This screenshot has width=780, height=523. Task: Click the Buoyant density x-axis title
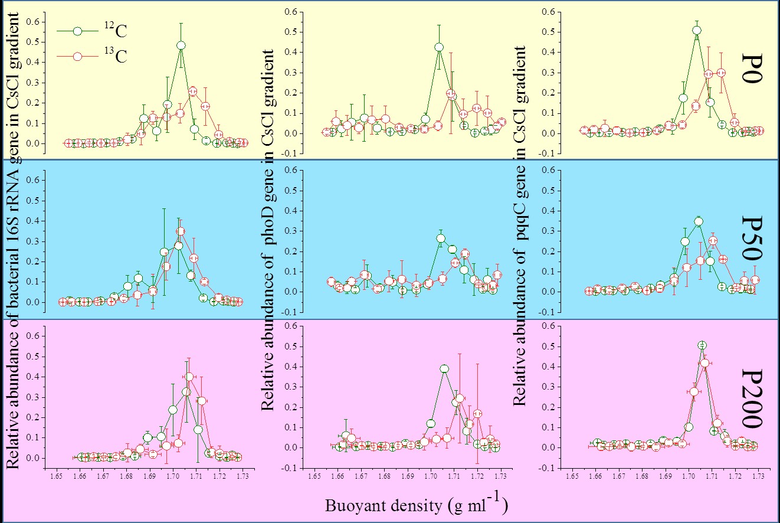click(x=416, y=505)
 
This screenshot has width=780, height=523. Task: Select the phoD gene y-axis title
click(x=268, y=230)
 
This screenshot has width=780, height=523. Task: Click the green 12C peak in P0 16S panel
click(x=181, y=45)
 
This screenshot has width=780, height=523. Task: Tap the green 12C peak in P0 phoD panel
click(x=439, y=47)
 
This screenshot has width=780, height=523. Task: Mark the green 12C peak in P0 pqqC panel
click(x=697, y=30)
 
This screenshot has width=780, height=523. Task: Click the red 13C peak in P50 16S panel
click(x=181, y=231)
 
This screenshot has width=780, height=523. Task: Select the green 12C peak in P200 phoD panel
click(x=444, y=368)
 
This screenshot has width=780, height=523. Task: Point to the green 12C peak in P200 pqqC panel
click(x=702, y=345)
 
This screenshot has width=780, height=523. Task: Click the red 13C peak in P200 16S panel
click(x=189, y=376)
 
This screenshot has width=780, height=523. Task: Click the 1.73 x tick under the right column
click(x=758, y=474)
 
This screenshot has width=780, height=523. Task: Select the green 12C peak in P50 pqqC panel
click(x=699, y=221)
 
